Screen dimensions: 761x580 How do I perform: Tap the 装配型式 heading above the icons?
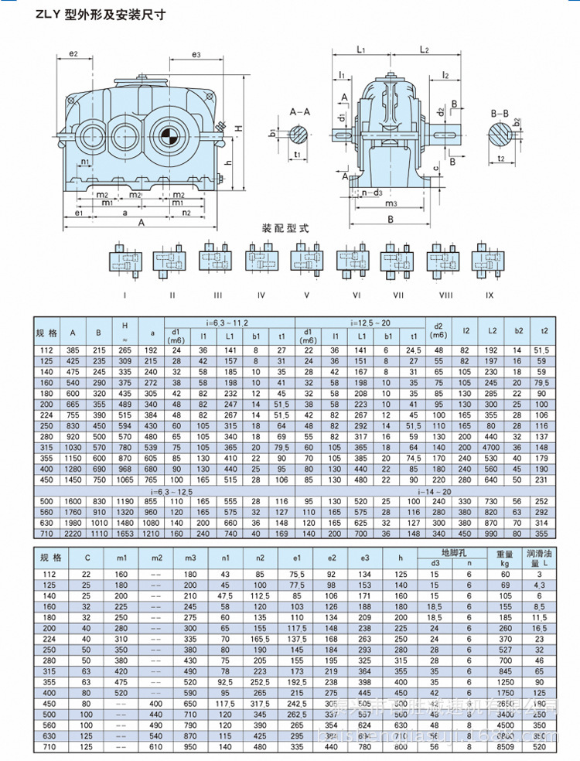point(285,229)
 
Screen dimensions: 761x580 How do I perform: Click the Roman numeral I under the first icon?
point(125,295)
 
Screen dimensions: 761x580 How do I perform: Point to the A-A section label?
point(300,112)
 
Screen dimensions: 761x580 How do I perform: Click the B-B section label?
point(500,113)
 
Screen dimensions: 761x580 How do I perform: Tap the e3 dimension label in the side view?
point(196,54)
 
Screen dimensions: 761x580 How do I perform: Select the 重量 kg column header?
point(504,558)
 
